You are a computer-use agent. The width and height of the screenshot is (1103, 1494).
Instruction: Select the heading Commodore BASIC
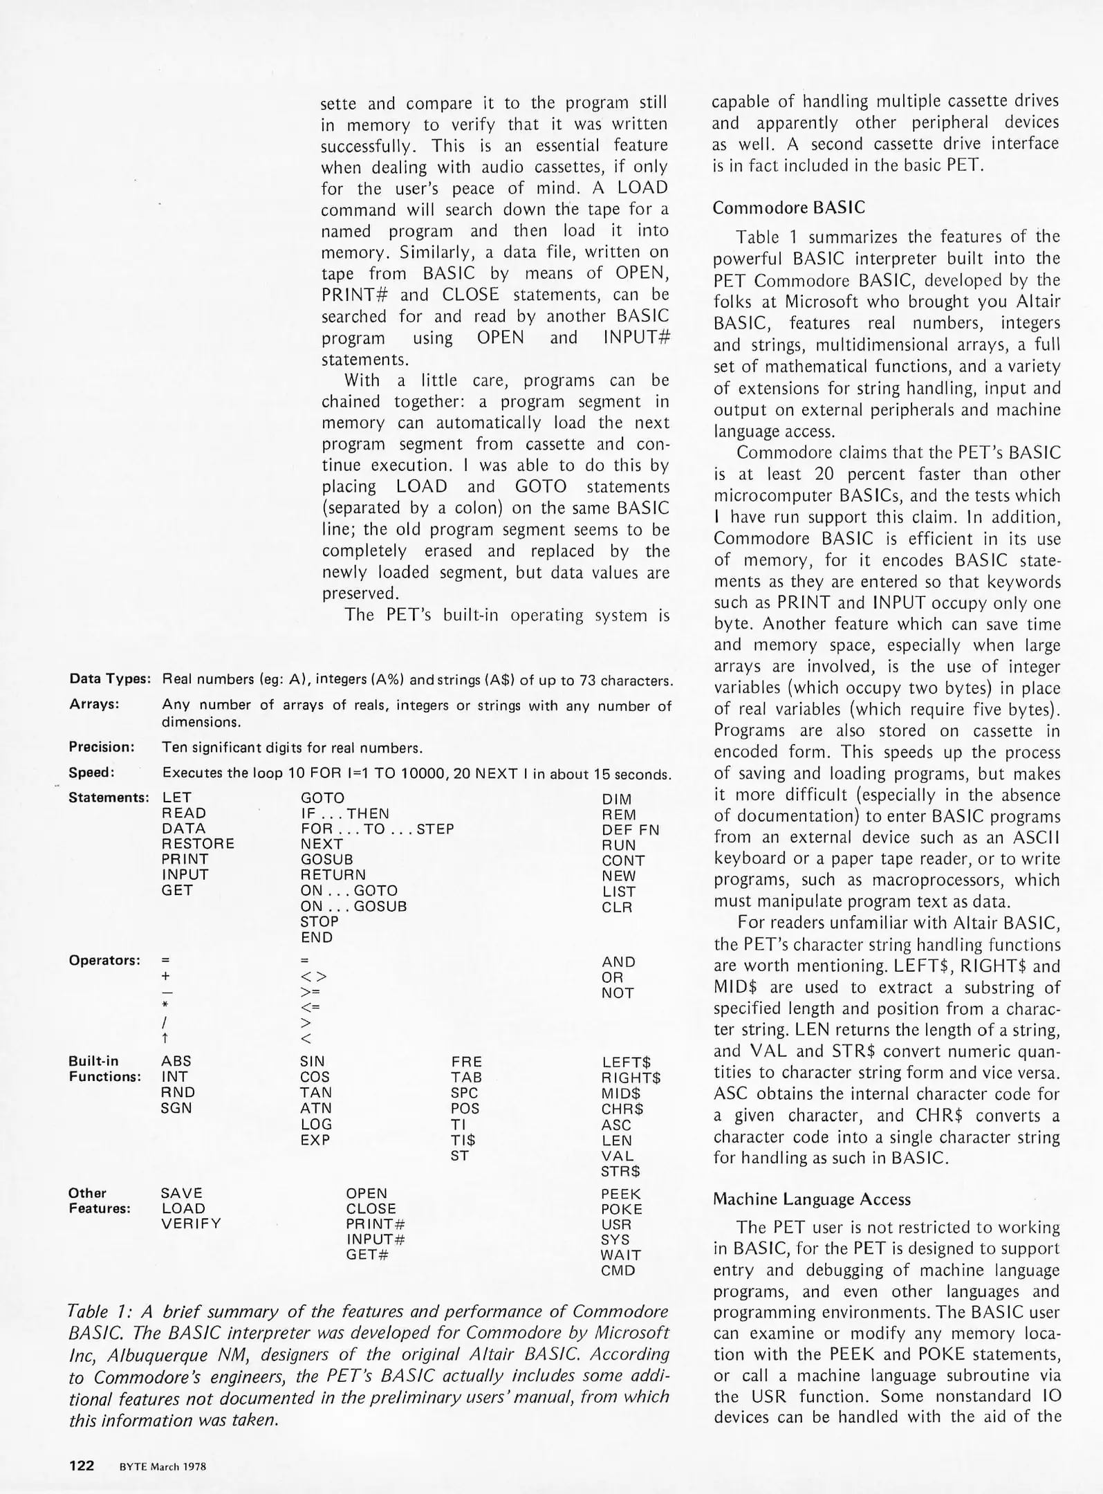pos(788,207)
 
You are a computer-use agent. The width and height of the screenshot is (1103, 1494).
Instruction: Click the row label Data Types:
pos(110,679)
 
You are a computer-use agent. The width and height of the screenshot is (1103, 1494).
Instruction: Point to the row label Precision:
pos(101,747)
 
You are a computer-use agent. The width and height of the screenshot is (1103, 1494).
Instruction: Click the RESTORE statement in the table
pos(198,844)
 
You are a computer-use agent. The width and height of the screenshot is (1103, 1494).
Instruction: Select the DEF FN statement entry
pos(630,830)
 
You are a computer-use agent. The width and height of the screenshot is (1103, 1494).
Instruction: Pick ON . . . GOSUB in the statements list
pos(353,906)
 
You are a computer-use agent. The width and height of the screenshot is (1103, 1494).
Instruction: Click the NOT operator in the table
pos(618,993)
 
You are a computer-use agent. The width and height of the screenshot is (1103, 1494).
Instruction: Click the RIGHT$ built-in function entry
pos(631,1078)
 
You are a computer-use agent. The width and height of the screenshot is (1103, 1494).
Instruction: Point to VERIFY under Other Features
pos(191,1224)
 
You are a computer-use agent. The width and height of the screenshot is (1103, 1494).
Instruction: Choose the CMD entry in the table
pos(618,1271)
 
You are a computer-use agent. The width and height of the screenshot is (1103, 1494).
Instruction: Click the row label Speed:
pos(91,773)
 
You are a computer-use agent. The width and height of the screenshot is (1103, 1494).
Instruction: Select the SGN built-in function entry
pos(176,1108)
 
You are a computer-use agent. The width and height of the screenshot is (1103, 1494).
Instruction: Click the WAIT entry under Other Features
pos(620,1255)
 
